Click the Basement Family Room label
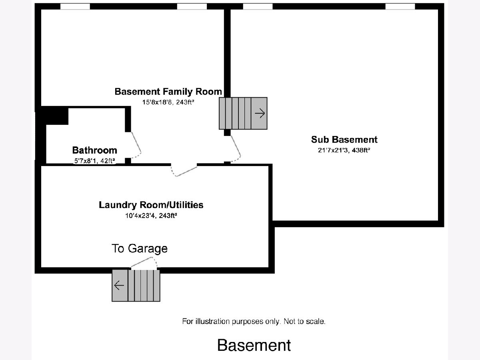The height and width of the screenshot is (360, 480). [168, 92]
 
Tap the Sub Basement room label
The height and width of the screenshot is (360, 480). [344, 140]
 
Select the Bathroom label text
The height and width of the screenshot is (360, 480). [94, 150]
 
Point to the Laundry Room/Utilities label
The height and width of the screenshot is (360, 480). [151, 205]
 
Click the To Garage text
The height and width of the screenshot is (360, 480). [139, 248]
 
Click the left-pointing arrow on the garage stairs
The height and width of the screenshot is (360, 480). [119, 286]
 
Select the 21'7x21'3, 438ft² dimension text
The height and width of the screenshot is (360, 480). [344, 151]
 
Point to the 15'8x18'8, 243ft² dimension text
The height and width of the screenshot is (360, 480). [168, 102]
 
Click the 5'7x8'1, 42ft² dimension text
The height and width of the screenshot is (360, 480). [94, 161]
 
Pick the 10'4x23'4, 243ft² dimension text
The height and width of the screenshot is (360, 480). [151, 216]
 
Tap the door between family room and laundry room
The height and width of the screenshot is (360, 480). [184, 170]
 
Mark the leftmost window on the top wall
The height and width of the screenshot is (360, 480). [75, 6]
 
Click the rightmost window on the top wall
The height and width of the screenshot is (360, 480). [400, 6]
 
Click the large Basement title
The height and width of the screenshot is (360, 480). [254, 345]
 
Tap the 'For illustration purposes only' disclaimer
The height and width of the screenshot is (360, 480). [254, 321]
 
